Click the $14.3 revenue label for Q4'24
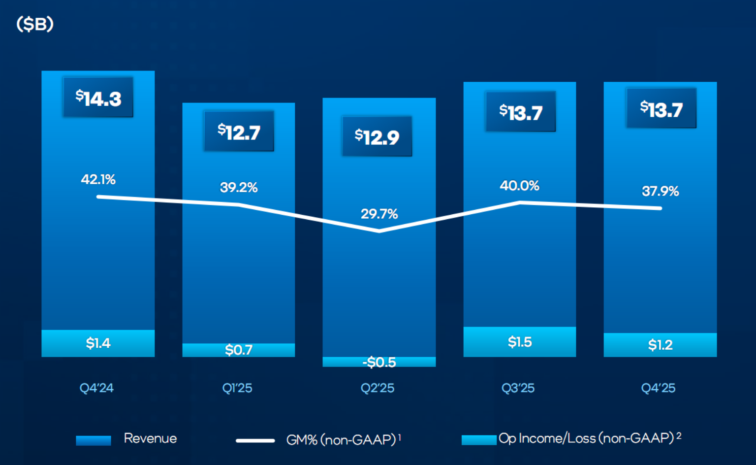tap(98, 98)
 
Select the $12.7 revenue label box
tap(239, 132)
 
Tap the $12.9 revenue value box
tap(377, 136)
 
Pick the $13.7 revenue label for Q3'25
tap(520, 112)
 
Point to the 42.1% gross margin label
tap(98, 179)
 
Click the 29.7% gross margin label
tap(379, 214)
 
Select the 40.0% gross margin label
tap(520, 186)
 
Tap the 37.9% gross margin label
tap(660, 191)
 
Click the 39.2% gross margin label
tap(239, 187)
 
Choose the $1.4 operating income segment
tap(98, 343)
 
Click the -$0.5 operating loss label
tap(379, 362)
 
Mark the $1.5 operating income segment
tap(520, 341)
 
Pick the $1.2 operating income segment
tap(660, 344)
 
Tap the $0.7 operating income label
tap(239, 350)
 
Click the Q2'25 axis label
tap(378, 388)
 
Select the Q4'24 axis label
tap(96, 388)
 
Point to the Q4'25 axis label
tap(658, 388)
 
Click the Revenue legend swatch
tap(94, 440)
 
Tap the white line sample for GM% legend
tap(255, 440)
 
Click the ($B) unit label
tap(35, 24)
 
